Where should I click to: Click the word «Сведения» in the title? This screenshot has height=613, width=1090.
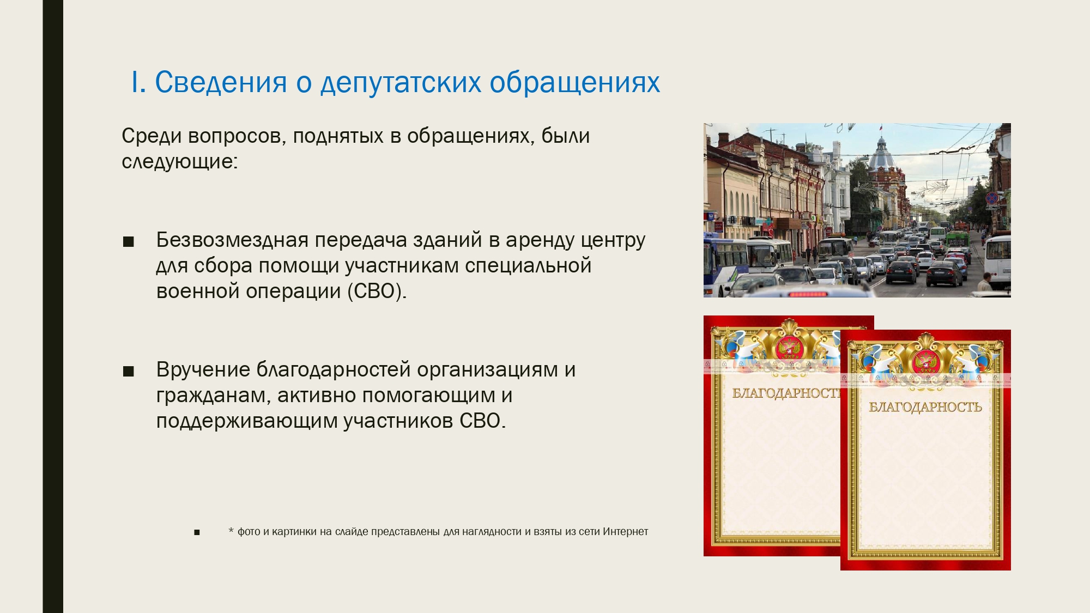(x=221, y=82)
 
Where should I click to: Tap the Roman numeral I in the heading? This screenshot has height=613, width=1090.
(x=135, y=82)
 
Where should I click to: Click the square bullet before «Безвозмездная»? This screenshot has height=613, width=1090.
(x=129, y=242)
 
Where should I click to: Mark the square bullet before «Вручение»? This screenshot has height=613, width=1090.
(x=129, y=372)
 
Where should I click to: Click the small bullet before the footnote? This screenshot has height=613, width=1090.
(x=197, y=532)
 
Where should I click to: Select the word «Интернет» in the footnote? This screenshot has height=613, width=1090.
(x=625, y=531)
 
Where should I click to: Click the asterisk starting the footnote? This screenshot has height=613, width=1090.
(x=231, y=530)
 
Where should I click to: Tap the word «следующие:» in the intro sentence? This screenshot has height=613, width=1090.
(x=179, y=162)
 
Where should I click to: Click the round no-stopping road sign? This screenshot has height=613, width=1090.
(x=991, y=198)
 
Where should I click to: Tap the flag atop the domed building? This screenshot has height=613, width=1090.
(x=881, y=128)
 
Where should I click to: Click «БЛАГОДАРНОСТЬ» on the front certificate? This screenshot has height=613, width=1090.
(x=925, y=406)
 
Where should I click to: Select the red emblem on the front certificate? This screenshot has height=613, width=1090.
(x=925, y=361)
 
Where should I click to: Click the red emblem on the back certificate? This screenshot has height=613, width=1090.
(x=788, y=348)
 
